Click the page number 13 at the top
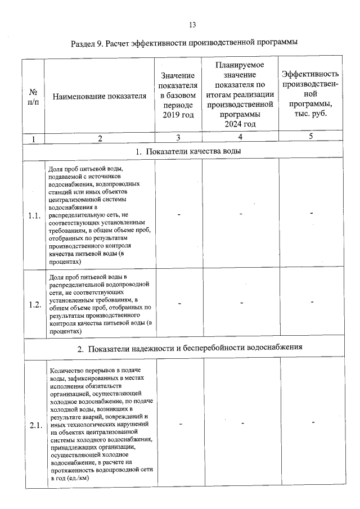click(192, 25)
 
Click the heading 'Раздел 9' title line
click(184, 43)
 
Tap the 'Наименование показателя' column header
click(99, 96)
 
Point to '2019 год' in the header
click(178, 115)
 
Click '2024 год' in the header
click(240, 124)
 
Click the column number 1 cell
click(33, 138)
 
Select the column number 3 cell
click(178, 138)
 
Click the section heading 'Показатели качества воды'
click(190, 151)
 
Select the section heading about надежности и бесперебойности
click(190, 347)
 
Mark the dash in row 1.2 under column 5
click(312, 303)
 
